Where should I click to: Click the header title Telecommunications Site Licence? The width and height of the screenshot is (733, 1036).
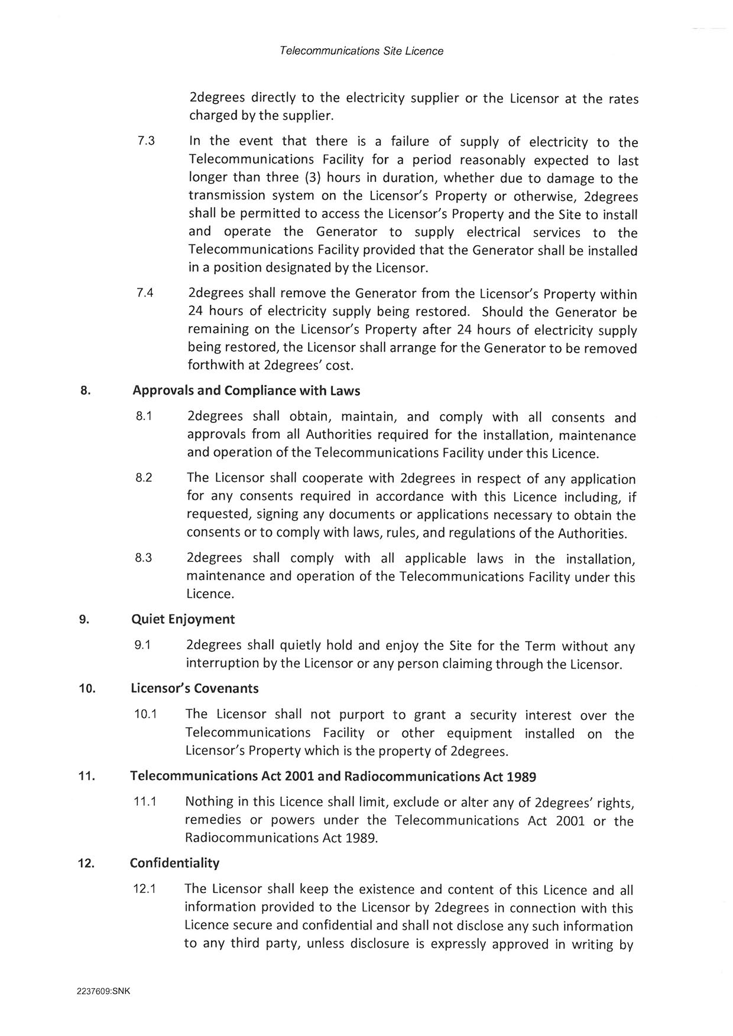(x=361, y=51)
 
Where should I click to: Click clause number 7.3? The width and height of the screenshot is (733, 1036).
(x=145, y=142)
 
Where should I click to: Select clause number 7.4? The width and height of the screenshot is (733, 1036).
(x=145, y=293)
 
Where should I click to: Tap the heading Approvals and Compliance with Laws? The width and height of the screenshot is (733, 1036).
(x=247, y=390)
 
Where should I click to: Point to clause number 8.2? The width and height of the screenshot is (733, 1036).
(x=144, y=478)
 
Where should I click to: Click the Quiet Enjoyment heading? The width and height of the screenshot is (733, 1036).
(x=183, y=619)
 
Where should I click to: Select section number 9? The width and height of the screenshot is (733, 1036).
(x=84, y=619)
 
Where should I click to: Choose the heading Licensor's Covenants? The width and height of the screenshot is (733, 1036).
(x=194, y=688)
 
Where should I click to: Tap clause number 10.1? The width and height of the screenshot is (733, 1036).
(x=145, y=714)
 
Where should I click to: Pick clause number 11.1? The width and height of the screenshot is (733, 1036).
(x=144, y=802)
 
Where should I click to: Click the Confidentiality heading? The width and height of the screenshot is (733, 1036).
(x=174, y=863)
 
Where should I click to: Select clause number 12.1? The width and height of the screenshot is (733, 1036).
(x=144, y=888)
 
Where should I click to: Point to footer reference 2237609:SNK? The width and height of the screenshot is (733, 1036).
(x=103, y=992)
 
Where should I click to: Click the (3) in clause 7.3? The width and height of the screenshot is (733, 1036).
(x=311, y=178)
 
